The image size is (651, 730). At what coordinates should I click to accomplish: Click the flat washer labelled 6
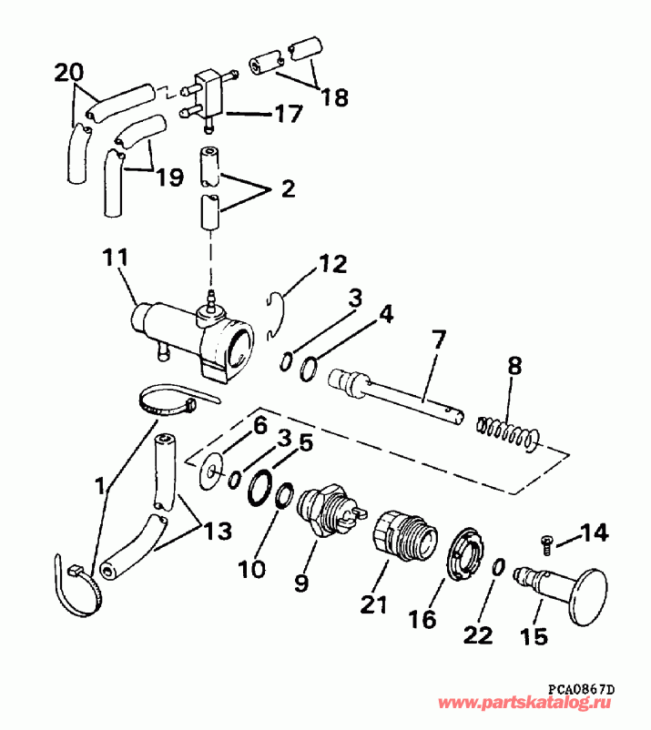coord(211,470)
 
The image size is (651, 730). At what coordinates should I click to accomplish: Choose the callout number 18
coord(334,96)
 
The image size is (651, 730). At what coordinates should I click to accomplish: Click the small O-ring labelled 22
coord(499,567)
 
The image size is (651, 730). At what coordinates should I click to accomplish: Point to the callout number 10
coord(252,570)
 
